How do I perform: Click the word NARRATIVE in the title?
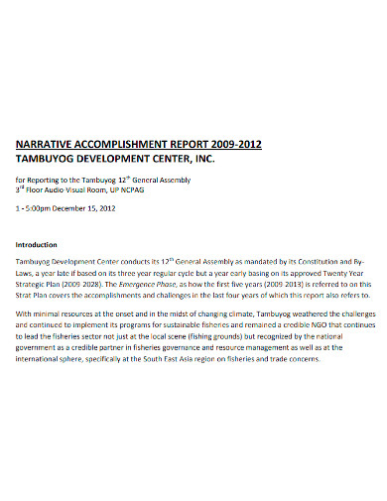44,141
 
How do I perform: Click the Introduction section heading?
37,244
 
